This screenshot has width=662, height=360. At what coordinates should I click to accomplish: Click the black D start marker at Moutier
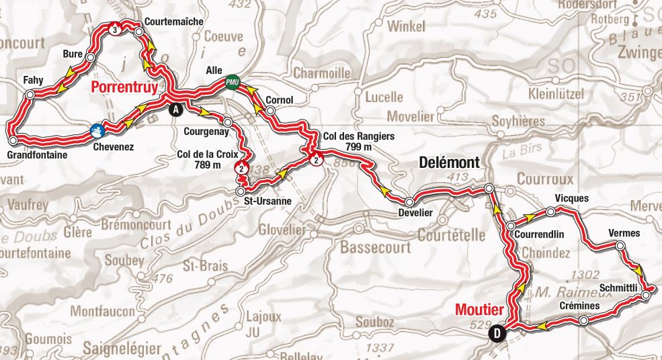[x=497, y=332]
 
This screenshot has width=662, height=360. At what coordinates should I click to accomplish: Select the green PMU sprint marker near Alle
[x=233, y=81]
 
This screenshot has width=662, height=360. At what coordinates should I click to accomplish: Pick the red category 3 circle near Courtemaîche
[x=116, y=30]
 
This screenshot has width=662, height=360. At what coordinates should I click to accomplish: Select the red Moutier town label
[x=479, y=310]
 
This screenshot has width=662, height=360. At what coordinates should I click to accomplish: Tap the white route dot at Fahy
[x=29, y=95]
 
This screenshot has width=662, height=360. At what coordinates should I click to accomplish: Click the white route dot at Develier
[x=409, y=201]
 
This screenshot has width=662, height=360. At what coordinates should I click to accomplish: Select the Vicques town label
[x=572, y=199]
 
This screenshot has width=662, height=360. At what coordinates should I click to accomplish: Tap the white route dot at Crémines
[x=583, y=321]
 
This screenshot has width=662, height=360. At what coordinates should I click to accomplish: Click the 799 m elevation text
[x=354, y=146]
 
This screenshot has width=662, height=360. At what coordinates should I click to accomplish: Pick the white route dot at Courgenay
[x=228, y=122]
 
